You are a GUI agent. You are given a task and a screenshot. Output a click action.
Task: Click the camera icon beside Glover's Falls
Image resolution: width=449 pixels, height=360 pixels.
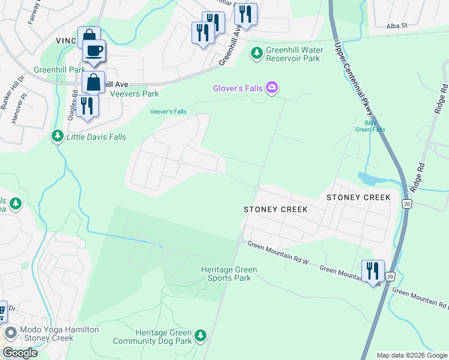[x=272, y=88]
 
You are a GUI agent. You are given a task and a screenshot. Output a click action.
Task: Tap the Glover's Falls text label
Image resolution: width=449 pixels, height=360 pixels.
[x=238, y=88]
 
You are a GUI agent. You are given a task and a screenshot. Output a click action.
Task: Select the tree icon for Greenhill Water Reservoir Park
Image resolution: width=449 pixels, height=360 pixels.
[x=257, y=53]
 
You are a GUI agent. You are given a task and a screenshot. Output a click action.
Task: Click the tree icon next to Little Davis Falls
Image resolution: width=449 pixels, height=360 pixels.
[x=57, y=137]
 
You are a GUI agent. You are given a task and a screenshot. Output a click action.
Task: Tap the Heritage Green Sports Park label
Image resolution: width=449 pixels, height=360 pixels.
[x=225, y=274]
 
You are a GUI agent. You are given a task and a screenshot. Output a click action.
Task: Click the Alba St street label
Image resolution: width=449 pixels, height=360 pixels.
[x=397, y=26]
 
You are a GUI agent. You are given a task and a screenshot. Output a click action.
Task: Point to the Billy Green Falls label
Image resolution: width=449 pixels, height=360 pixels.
[x=370, y=126]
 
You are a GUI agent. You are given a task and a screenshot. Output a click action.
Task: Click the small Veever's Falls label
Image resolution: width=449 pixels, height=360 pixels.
[x=168, y=112]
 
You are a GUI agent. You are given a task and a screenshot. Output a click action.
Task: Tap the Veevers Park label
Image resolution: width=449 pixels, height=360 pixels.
[x=137, y=94]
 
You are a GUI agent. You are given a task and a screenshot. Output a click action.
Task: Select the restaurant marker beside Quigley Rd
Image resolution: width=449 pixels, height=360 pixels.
[x=88, y=106]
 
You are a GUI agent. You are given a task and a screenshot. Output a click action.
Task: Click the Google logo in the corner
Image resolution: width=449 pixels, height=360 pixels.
[x=20, y=353]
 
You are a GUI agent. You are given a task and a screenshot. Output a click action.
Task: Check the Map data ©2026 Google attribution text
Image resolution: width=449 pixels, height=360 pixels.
[x=412, y=355]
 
